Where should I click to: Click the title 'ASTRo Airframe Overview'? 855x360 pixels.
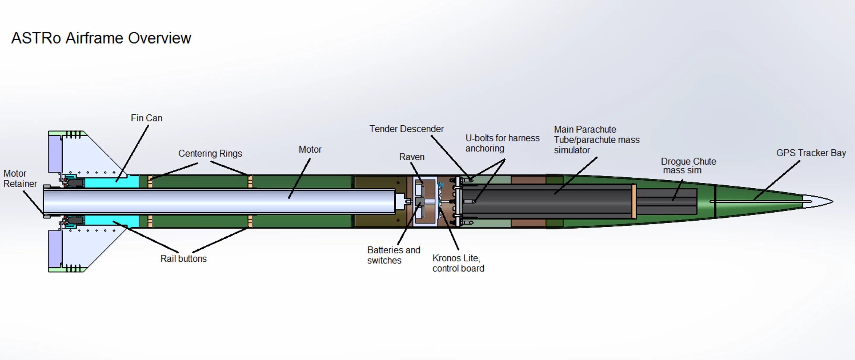pos(101,38)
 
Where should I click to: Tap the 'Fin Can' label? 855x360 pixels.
pos(146,118)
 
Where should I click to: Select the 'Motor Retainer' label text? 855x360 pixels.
pos(20,179)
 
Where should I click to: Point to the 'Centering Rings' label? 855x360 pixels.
pos(210,154)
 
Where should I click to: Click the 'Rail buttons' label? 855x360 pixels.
pos(183,258)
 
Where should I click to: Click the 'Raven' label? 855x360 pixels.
pos(411,157)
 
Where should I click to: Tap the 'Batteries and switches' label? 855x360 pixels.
pos(393,255)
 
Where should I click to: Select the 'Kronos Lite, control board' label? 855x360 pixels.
pos(458,263)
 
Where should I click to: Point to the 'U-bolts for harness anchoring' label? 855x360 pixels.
pos(502,143)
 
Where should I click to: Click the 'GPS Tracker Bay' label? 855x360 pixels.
pos(811,153)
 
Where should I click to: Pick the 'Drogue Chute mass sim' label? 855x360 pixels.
pos(688,166)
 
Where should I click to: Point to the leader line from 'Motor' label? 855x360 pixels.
pos(300,178)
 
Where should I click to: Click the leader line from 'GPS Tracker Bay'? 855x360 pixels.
pos(777,180)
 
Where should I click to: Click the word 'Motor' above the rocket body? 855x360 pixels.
pos(310,149)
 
